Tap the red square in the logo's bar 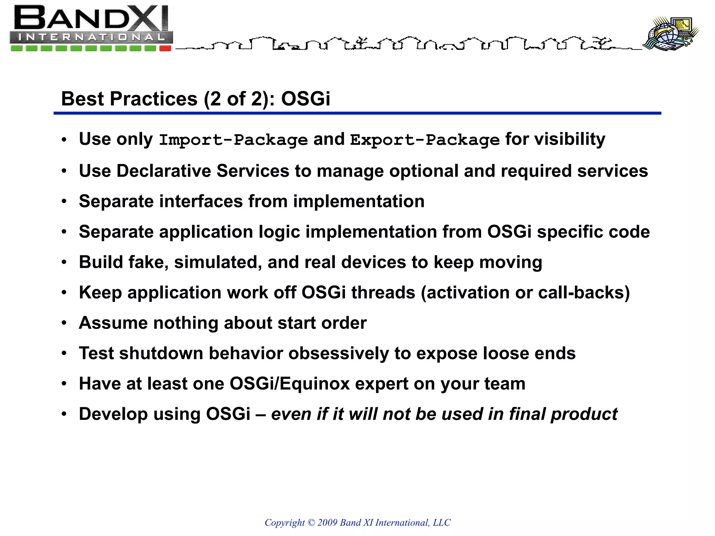pyautogui.click(x=165, y=49)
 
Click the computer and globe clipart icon pyautogui.click(x=671, y=33)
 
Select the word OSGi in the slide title pyautogui.click(x=305, y=99)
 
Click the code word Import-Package pyautogui.click(x=233, y=140)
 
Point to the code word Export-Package pyautogui.click(x=425, y=140)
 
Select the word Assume pyautogui.click(x=113, y=323)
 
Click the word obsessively pyautogui.click(x=339, y=353)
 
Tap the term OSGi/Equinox pyautogui.click(x=289, y=384)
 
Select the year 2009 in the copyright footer pyautogui.click(x=327, y=522)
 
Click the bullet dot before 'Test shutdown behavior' pyautogui.click(x=64, y=353)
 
